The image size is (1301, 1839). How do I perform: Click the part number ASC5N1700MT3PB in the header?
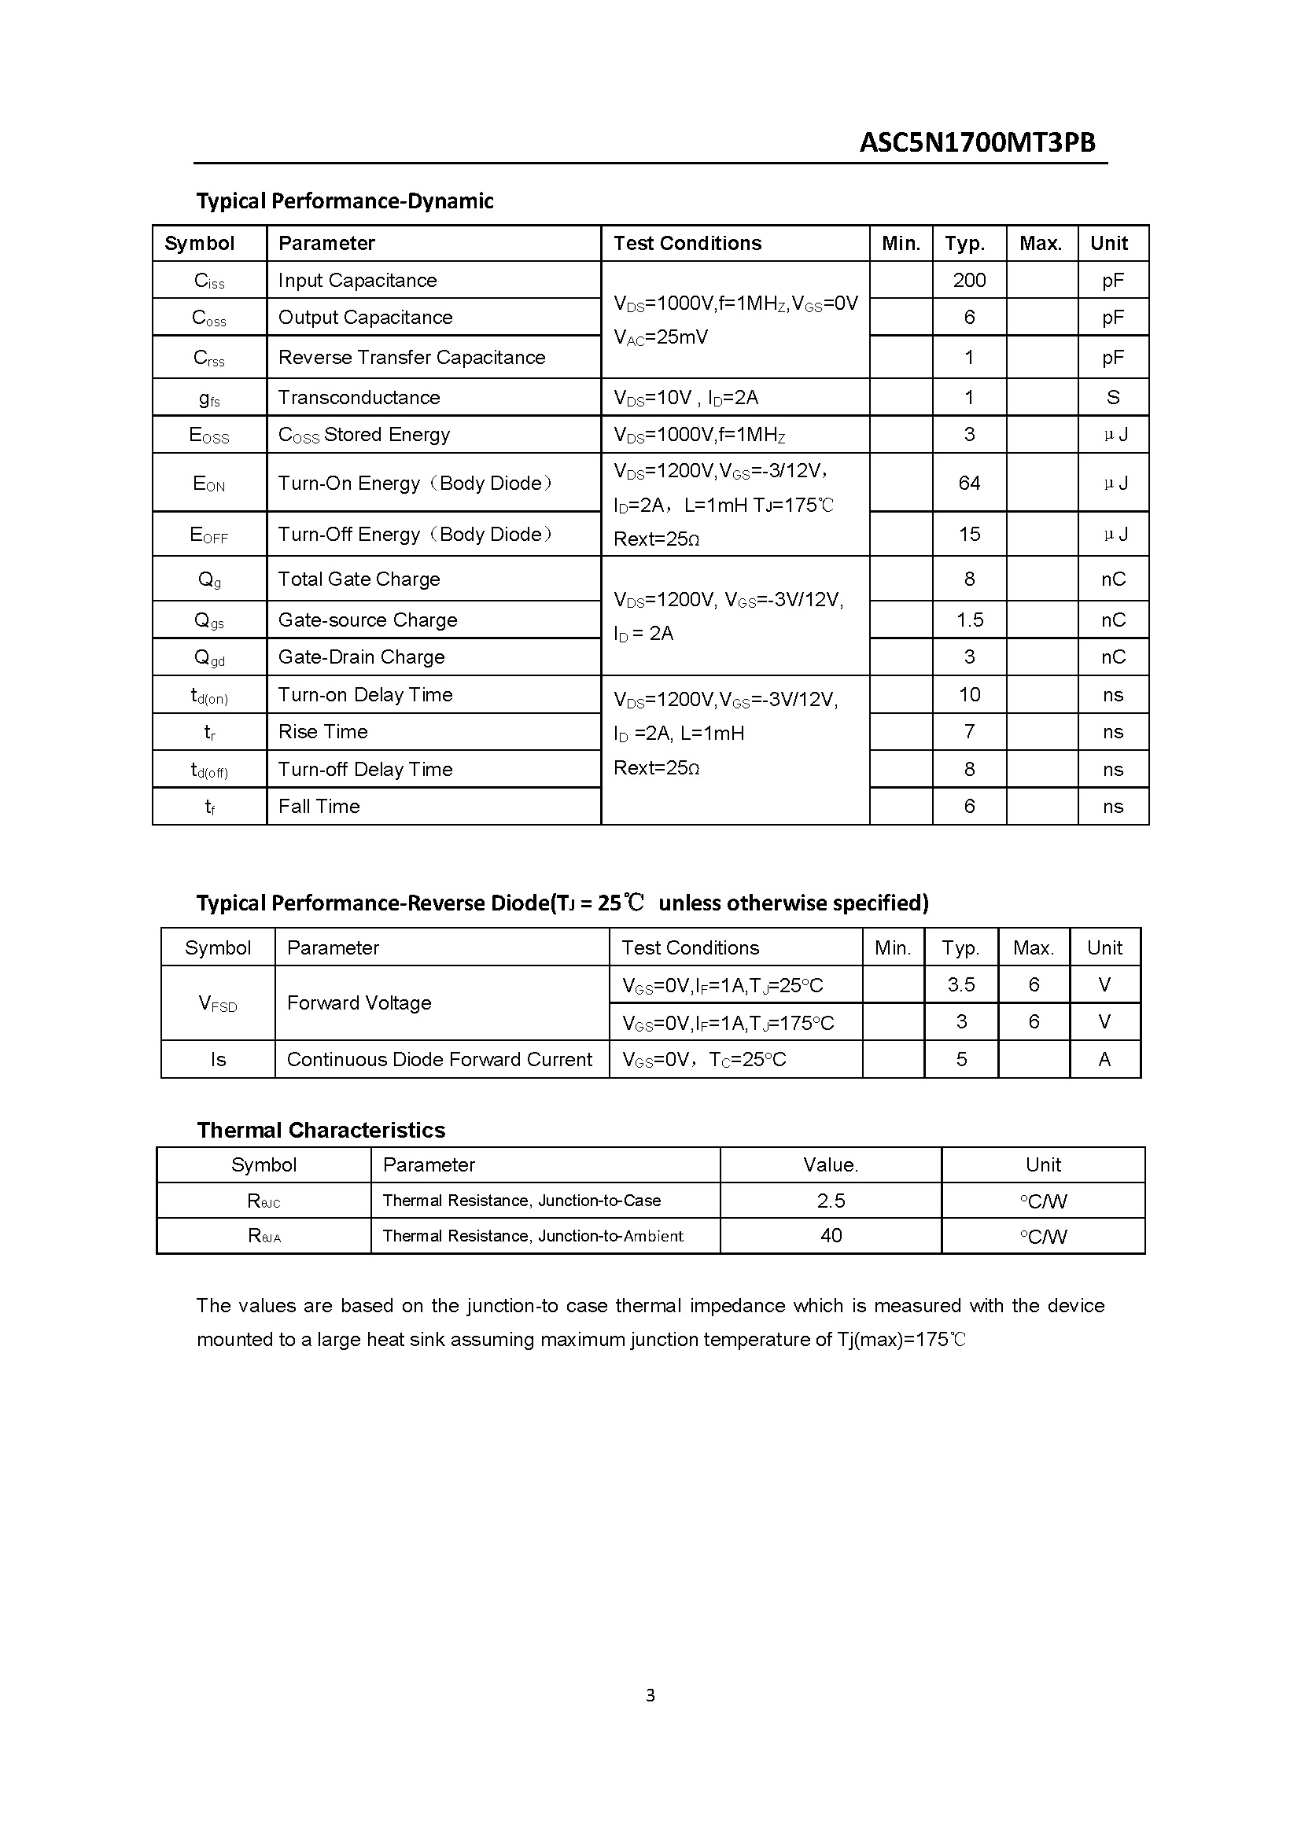click(977, 142)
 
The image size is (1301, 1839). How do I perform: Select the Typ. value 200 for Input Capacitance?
click(968, 281)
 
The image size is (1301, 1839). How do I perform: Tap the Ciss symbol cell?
click(209, 281)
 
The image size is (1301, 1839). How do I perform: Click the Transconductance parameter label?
click(359, 397)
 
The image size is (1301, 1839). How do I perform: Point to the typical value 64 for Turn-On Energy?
click(968, 483)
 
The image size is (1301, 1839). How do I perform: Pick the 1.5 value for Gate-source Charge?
click(969, 620)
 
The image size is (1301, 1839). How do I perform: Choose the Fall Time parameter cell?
click(319, 807)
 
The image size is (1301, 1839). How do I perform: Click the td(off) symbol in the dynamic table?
click(209, 771)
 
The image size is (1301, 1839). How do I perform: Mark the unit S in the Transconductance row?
click(1113, 397)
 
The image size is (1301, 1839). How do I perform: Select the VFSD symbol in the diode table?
click(218, 1003)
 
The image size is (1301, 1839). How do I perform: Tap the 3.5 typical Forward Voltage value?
click(960, 985)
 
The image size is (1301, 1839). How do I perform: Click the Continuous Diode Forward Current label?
click(439, 1060)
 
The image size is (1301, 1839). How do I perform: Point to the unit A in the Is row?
click(1104, 1060)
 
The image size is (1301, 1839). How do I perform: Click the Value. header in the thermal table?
click(830, 1165)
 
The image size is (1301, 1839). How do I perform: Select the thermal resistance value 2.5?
click(831, 1201)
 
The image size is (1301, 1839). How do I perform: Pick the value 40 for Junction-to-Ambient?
click(831, 1236)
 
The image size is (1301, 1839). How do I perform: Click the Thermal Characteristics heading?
click(320, 1130)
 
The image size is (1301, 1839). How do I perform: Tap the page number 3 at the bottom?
click(650, 1695)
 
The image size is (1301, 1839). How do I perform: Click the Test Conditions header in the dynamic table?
click(687, 244)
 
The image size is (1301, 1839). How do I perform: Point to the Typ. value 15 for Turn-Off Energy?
click(968, 534)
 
